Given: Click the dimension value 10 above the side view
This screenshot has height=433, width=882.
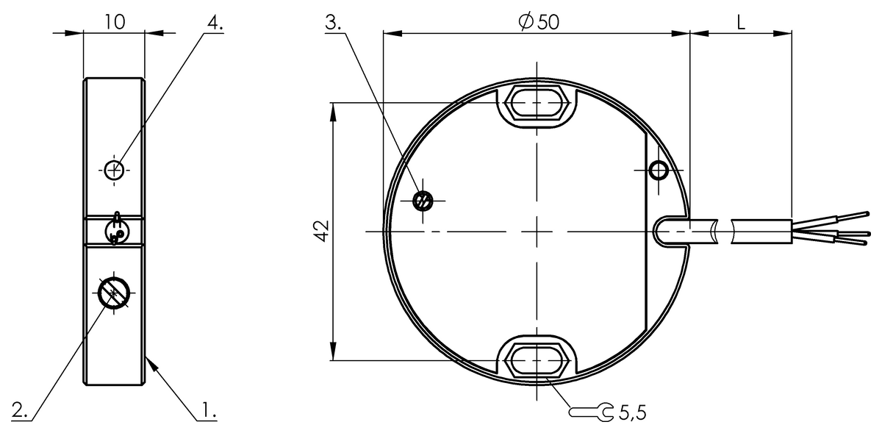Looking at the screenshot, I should [114, 21].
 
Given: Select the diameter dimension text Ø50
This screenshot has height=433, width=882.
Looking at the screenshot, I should [538, 22].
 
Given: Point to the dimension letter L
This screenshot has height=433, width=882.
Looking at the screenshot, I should [741, 22].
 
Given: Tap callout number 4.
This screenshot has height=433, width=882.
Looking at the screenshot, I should [214, 22].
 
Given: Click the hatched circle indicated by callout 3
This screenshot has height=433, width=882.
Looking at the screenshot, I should [423, 201].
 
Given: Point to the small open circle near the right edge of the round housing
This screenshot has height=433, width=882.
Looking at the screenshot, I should [659, 171].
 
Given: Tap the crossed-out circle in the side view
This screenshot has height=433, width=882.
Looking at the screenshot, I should [114, 293].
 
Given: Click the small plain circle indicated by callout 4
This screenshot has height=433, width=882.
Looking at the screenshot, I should [113, 170].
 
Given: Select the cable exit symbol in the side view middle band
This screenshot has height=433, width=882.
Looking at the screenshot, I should [115, 229].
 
